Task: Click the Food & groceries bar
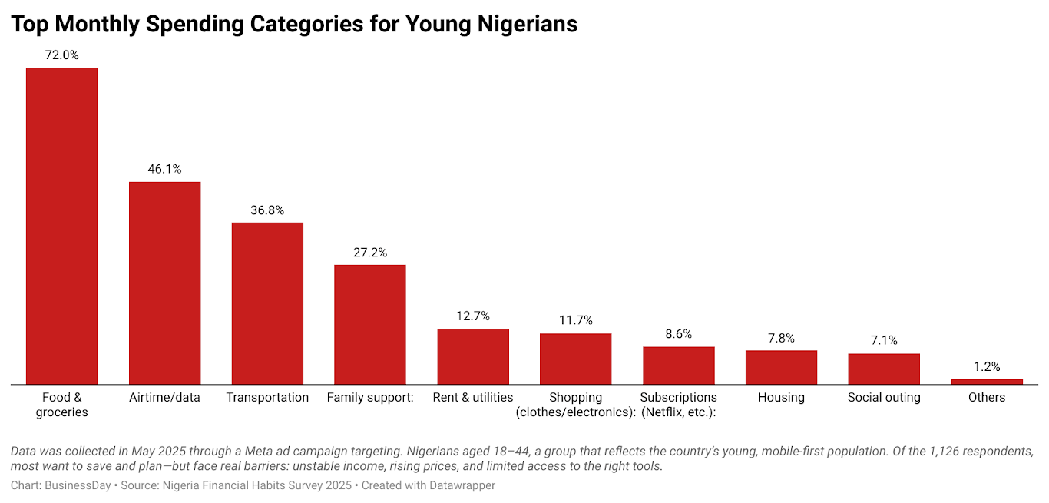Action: click(x=62, y=226)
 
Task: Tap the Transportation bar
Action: click(x=267, y=303)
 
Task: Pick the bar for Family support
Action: click(x=370, y=324)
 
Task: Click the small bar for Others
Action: click(x=987, y=381)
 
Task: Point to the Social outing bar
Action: click(x=884, y=369)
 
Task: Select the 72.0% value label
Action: click(x=62, y=55)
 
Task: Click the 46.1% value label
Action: click(x=164, y=169)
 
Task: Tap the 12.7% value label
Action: click(x=473, y=316)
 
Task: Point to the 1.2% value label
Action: click(x=987, y=367)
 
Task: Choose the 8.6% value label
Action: click(x=679, y=334)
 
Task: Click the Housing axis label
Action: click(x=781, y=398)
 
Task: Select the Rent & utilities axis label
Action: click(x=473, y=398)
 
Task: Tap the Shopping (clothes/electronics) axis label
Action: click(x=576, y=405)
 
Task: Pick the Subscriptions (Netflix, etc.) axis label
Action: click(x=679, y=405)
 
